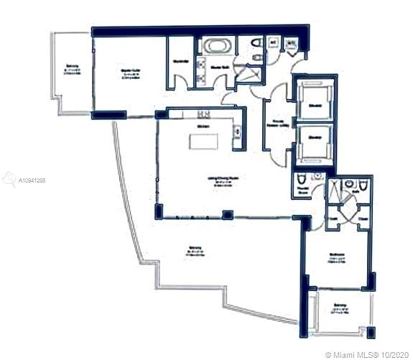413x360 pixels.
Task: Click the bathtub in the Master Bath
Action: coord(214,47)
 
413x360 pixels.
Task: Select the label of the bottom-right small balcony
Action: coord(339,309)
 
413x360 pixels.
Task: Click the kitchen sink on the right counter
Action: coord(236,130)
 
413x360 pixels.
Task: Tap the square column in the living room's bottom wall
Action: coord(227,213)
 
